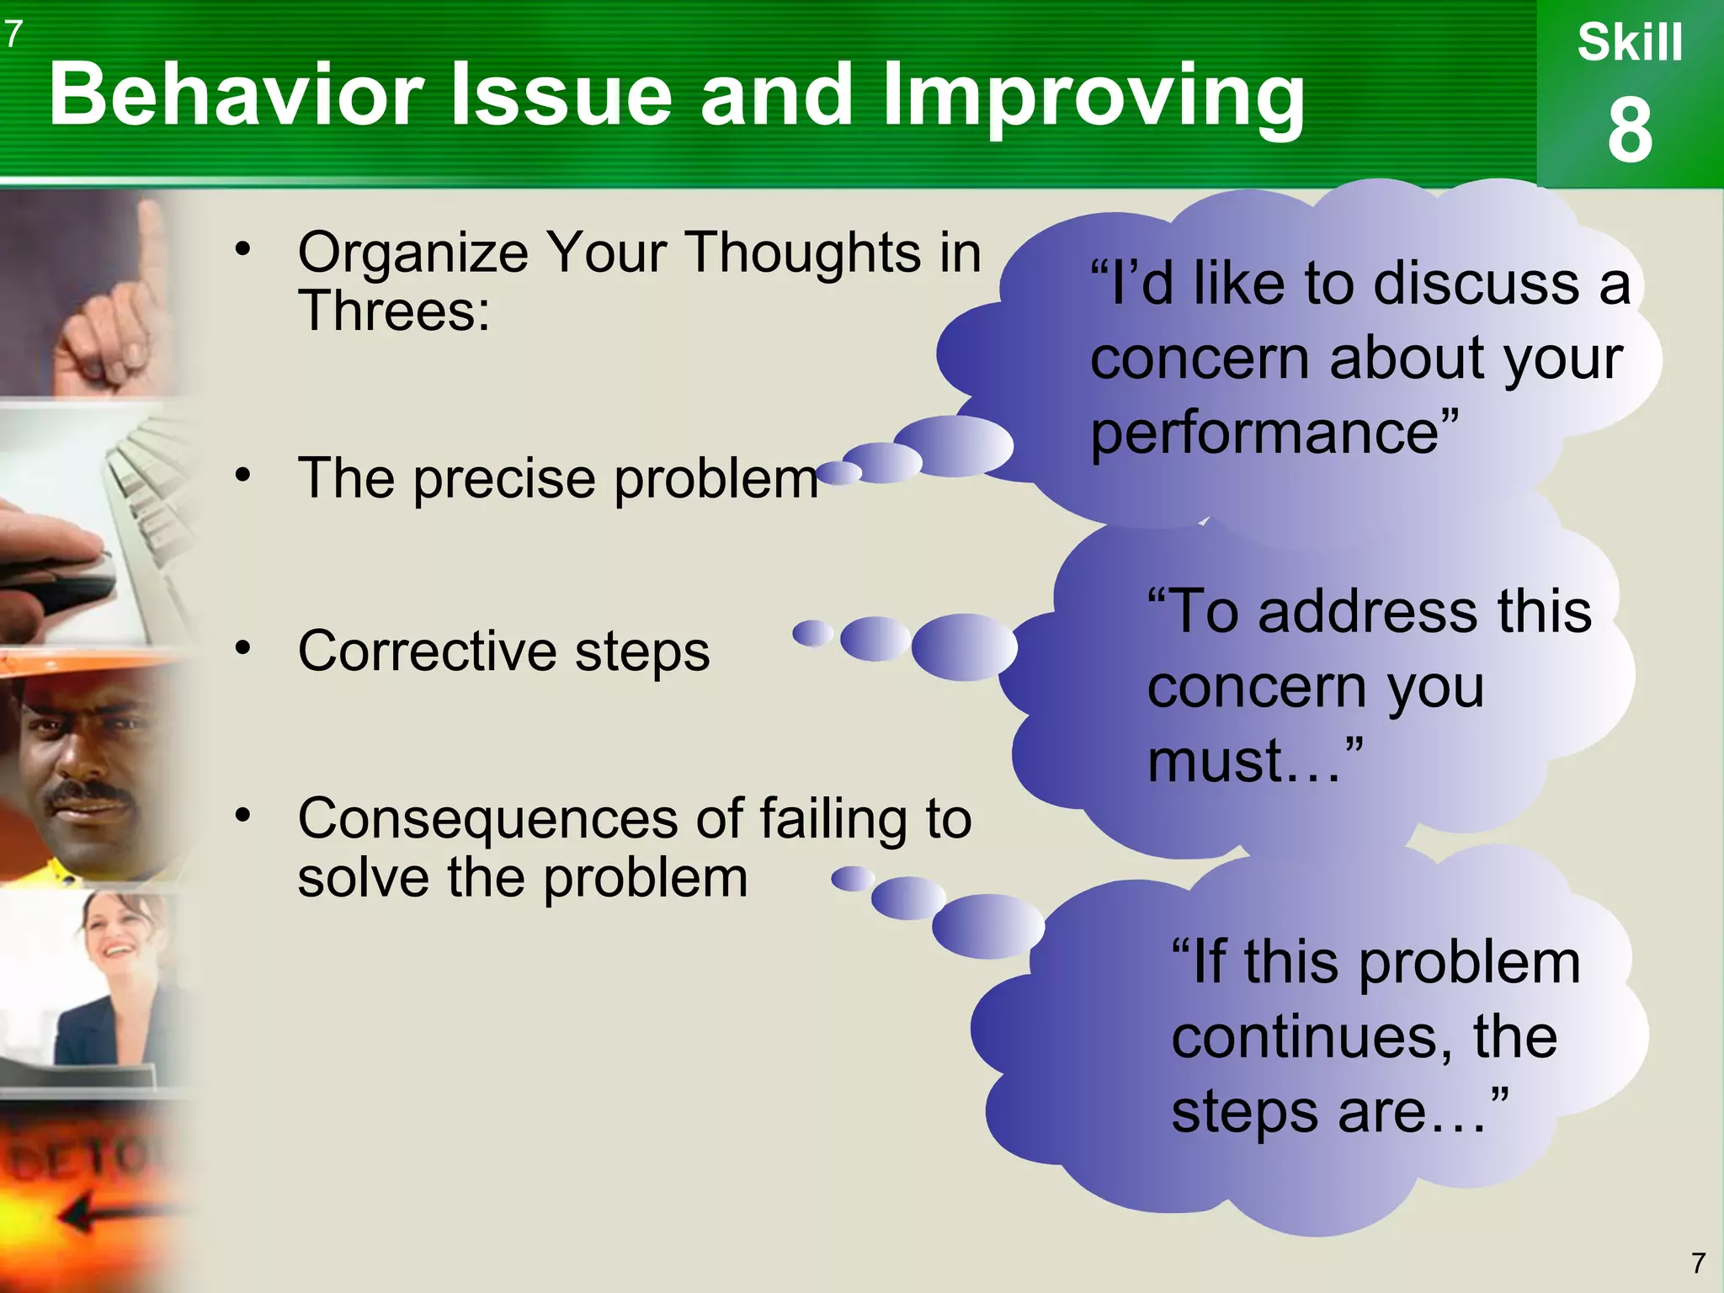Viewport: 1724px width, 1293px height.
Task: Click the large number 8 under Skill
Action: [x=1630, y=131]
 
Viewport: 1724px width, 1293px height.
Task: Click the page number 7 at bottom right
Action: [x=1698, y=1263]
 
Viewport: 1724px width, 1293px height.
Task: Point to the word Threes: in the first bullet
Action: [x=394, y=311]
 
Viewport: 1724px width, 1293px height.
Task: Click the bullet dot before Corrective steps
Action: [x=243, y=648]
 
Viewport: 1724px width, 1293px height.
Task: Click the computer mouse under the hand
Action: [x=76, y=581]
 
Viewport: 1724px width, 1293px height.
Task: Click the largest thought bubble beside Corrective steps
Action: [x=964, y=646]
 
